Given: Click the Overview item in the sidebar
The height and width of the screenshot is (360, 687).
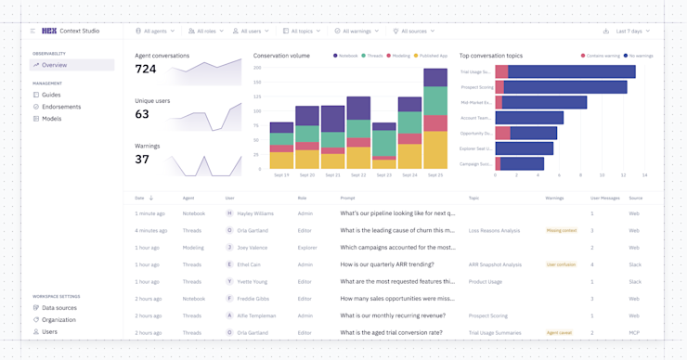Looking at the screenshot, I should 54,65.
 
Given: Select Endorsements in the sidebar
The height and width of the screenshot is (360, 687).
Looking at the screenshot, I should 60,107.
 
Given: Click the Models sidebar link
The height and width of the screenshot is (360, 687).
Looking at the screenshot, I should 51,119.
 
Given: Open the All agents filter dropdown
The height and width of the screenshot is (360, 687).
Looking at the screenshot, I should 155,31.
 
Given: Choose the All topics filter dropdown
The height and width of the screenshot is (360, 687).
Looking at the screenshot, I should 302,31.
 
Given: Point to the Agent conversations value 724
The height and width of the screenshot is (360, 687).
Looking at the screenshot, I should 146,70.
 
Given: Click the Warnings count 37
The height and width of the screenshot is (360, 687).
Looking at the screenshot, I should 142,160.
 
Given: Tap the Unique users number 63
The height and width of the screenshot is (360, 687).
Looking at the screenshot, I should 142,115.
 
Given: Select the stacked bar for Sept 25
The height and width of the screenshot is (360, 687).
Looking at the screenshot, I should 434,119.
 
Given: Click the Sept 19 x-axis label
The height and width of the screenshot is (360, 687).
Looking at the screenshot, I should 281,175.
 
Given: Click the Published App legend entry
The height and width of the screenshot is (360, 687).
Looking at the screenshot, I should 431,56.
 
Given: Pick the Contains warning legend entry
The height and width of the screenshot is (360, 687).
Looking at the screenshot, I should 601,56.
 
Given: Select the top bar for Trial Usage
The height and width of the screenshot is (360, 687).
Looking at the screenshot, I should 565,71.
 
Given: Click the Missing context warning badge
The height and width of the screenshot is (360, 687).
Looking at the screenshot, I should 561,230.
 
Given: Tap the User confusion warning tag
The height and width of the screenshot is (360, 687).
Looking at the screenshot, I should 561,264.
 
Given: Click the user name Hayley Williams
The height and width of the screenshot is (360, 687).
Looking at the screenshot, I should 256,213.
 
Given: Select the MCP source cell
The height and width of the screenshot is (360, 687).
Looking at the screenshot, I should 634,332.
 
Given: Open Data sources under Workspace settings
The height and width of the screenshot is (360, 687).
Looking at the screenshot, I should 59,308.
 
